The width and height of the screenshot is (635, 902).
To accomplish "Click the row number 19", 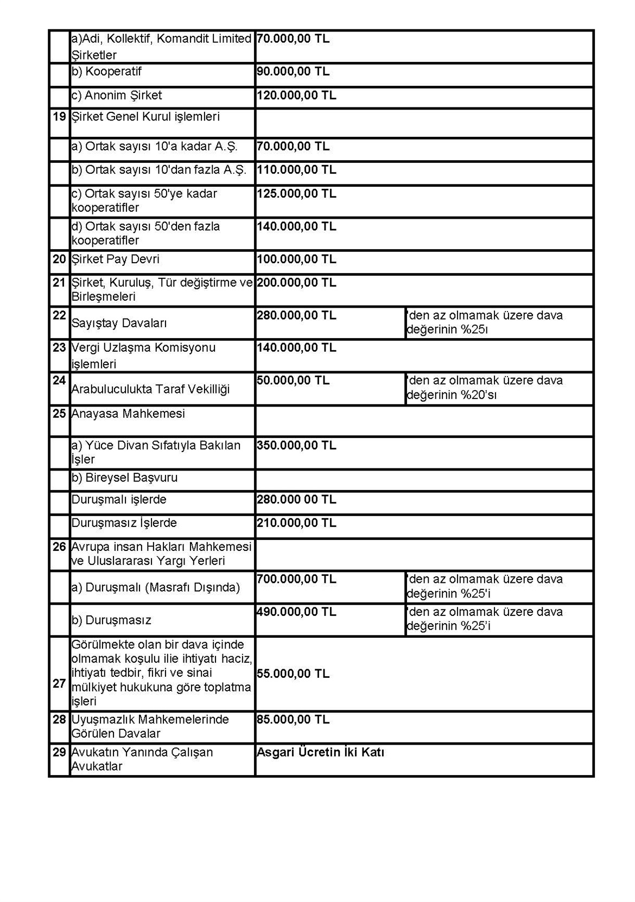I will (59, 117).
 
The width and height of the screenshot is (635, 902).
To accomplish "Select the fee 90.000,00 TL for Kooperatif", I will (293, 72).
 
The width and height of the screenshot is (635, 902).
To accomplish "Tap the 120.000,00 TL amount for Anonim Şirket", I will (296, 96).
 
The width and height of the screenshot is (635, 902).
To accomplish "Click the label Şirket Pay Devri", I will (116, 259).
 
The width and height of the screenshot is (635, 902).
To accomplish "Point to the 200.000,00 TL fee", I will (296, 283).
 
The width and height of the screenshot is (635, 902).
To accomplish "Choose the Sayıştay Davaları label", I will (119, 323).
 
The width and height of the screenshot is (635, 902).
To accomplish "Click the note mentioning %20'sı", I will (485, 388).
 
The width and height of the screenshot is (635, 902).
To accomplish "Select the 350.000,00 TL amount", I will (296, 446).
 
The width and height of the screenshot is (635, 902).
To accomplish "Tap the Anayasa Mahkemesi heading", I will (128, 414).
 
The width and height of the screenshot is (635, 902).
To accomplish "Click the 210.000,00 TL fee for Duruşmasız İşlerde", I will (296, 523).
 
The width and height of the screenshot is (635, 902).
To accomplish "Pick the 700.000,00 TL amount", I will (296, 579).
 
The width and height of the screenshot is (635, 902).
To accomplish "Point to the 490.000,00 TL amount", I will (296, 612).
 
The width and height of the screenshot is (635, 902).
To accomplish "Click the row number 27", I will (59, 684).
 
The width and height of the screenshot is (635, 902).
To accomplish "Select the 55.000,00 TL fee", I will (293, 674).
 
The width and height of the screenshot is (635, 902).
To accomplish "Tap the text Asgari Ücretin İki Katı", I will (320, 753).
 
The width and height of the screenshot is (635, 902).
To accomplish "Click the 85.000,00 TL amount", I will (293, 720).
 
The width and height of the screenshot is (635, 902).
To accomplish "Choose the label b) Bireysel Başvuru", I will (125, 478).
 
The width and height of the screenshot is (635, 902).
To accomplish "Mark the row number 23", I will (59, 348).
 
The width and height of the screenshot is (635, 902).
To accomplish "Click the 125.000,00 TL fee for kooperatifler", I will (296, 194).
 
